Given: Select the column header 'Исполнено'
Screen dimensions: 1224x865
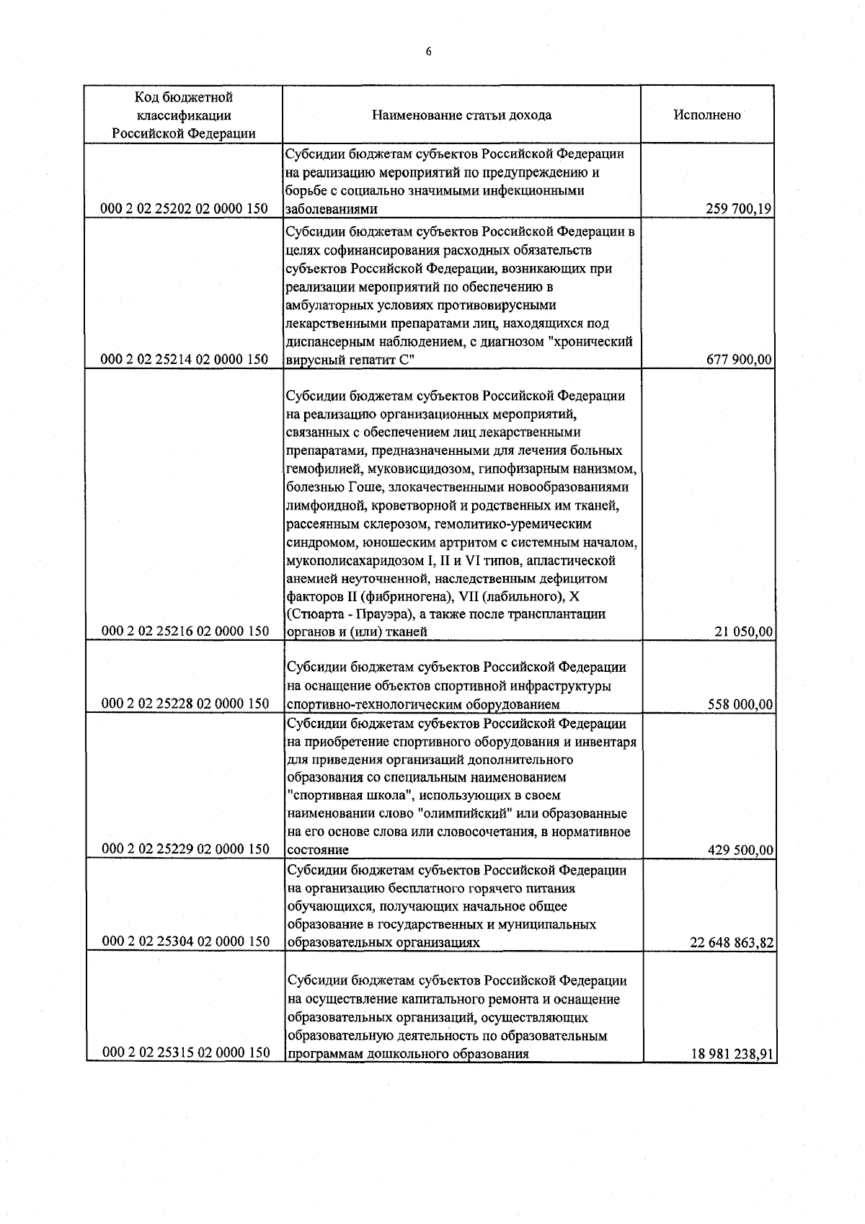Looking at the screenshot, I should tap(707, 115).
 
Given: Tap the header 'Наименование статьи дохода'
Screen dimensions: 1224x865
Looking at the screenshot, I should tap(462, 115).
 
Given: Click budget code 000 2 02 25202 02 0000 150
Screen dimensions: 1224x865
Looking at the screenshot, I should tap(186, 209).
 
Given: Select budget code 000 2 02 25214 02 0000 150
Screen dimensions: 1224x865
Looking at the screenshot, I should tap(186, 359).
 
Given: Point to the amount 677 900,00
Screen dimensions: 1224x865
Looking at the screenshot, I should tap(740, 360).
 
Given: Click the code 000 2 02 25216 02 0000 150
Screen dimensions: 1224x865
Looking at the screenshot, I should tap(186, 631).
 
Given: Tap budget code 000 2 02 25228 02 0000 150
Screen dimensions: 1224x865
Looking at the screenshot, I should tap(186, 704).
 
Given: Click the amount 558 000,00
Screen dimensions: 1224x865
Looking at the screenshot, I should tap(740, 704).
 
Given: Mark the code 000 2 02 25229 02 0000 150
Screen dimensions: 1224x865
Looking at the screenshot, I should tap(186, 849).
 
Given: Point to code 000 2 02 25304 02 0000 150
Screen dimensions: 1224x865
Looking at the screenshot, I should tap(186, 941).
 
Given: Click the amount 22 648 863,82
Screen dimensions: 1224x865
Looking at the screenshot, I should tap(732, 943).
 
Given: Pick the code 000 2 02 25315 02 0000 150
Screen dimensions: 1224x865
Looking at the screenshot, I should tap(186, 1052).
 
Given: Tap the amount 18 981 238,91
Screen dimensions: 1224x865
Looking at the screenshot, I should tap(732, 1054).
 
